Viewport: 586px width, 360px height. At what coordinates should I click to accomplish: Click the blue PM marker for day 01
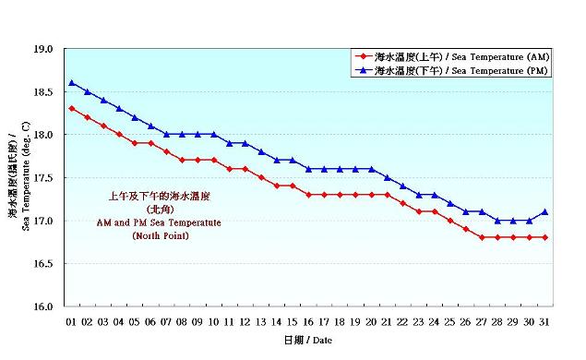click(x=72, y=83)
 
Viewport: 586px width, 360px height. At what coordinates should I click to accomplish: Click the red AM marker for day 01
click(x=72, y=109)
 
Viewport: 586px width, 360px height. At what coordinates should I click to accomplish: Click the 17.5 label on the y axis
click(x=45, y=178)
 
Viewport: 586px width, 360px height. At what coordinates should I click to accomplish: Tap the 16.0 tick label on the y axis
click(x=45, y=306)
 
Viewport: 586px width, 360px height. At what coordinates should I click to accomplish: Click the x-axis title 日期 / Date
click(x=306, y=341)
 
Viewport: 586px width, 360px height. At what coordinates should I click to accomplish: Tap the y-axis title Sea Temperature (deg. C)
click(x=26, y=177)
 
